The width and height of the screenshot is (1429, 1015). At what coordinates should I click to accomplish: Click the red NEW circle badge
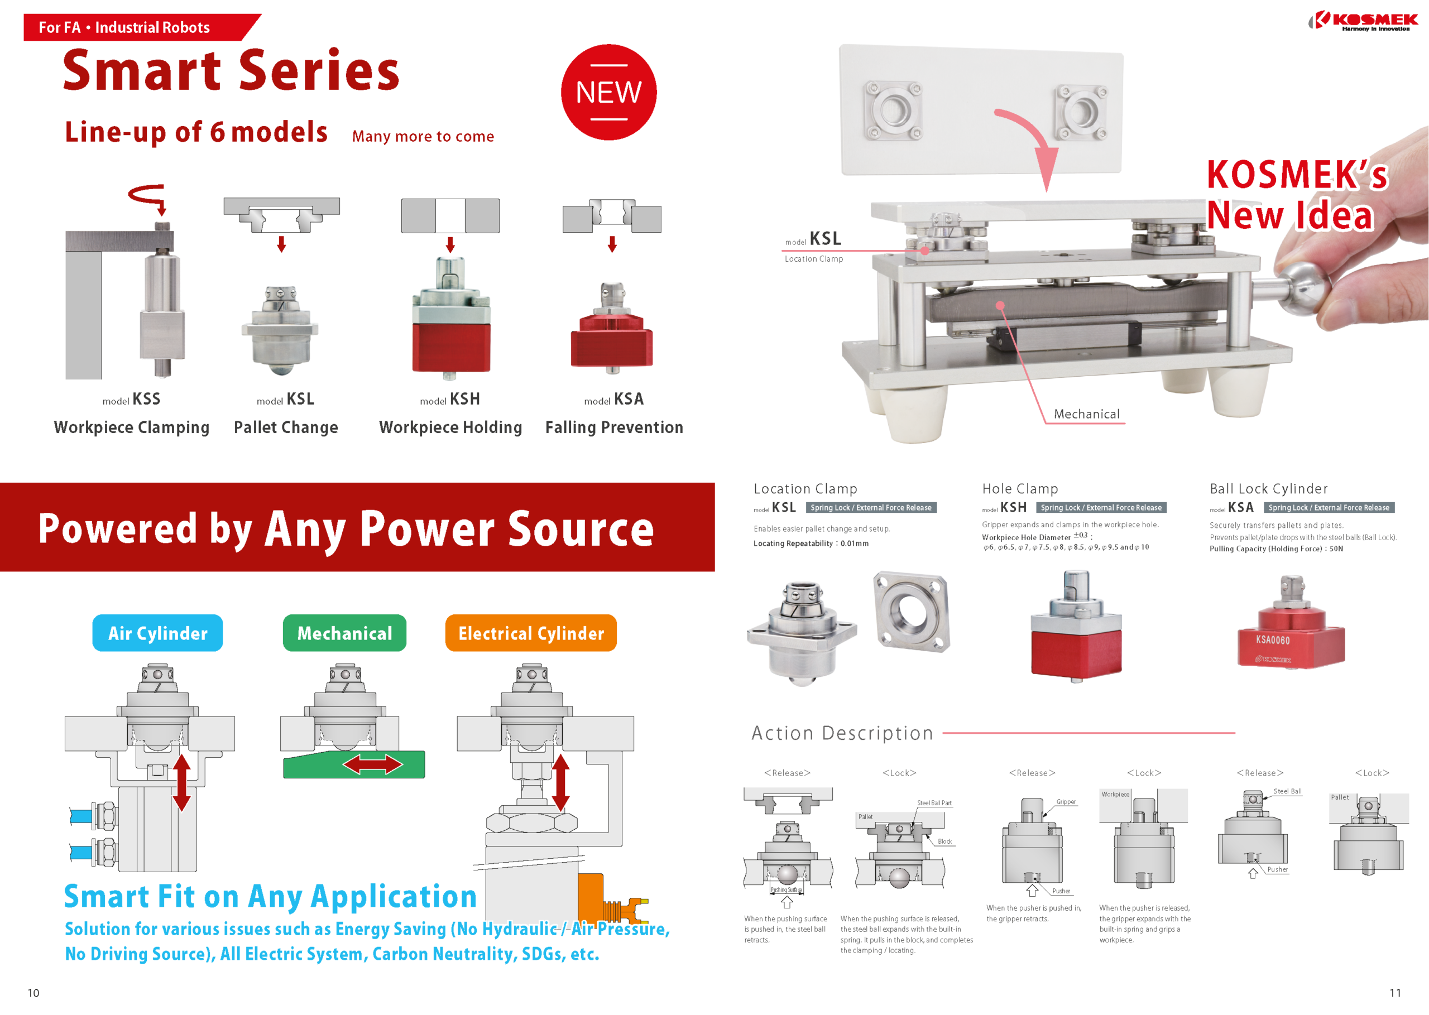click(608, 92)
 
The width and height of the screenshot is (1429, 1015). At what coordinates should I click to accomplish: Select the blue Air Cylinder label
click(157, 633)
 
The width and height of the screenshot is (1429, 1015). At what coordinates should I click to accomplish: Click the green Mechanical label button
click(344, 633)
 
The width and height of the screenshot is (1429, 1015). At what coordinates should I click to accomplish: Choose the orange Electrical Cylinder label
click(531, 633)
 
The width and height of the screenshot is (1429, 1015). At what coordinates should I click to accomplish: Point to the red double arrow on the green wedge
click(372, 764)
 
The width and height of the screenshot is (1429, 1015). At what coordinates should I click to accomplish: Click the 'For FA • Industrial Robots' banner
click(125, 27)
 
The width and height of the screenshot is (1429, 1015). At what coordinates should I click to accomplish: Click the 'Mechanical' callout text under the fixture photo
click(1086, 413)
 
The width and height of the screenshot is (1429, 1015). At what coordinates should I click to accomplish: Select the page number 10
click(33, 993)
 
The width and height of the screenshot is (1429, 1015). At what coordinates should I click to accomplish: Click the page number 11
click(1394, 993)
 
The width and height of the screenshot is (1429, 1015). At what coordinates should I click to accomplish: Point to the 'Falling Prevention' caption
click(614, 427)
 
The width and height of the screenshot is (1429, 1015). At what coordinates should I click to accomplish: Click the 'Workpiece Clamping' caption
click(131, 427)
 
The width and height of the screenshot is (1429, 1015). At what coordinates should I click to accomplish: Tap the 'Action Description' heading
click(842, 733)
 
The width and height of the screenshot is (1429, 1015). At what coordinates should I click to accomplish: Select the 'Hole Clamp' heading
click(1019, 488)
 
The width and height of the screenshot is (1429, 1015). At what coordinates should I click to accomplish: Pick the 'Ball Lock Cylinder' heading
click(1268, 488)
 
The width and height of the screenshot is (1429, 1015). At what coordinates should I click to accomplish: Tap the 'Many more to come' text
click(423, 136)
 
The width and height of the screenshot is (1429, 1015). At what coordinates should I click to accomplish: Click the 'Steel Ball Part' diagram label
click(934, 803)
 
